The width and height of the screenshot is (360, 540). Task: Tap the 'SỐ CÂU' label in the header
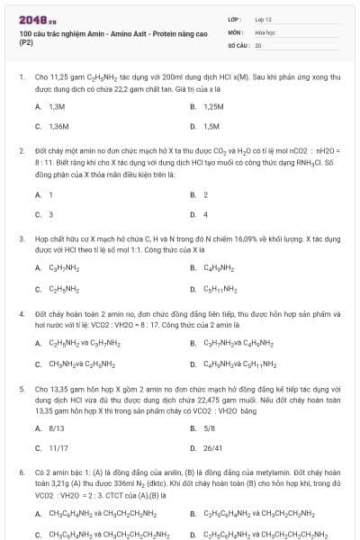coord(238,44)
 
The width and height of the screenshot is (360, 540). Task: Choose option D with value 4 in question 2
coord(205,214)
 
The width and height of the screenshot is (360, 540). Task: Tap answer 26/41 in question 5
coord(212,447)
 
